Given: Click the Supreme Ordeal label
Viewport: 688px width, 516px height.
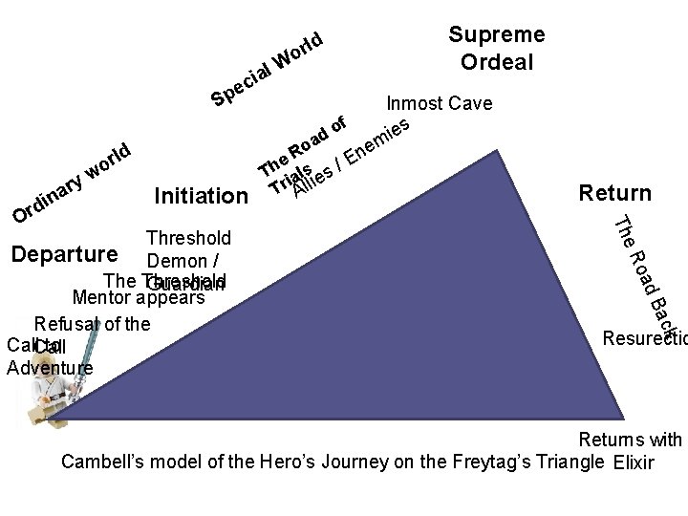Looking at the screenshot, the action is (x=496, y=49).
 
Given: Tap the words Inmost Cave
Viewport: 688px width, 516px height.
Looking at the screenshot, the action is (x=440, y=103).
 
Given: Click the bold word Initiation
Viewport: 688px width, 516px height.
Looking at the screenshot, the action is (x=201, y=197).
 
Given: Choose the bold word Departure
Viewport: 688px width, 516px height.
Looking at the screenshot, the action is (x=64, y=255).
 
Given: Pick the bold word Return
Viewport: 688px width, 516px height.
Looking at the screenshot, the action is (x=615, y=194).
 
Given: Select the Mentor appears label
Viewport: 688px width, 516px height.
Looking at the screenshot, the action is (x=145, y=297).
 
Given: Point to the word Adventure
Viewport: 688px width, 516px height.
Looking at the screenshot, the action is (x=50, y=367).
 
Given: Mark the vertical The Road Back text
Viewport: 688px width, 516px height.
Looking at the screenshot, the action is (x=646, y=269).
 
